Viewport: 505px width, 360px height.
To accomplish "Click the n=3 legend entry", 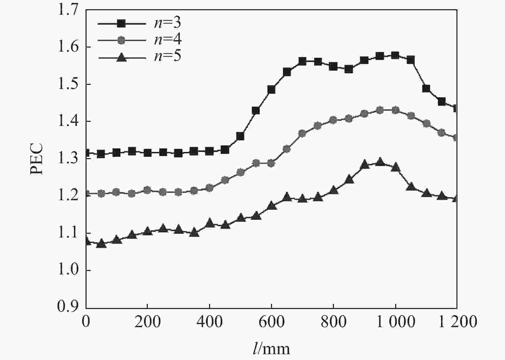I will (x=167, y=23).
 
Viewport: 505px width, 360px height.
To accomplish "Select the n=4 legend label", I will (x=167, y=40).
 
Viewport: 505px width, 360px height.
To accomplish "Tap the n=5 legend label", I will (x=167, y=56).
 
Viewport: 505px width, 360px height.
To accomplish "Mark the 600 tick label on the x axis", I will (x=271, y=322).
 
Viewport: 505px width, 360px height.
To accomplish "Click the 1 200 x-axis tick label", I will (x=457, y=322).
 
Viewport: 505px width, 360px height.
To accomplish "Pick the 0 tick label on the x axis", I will (x=86, y=322).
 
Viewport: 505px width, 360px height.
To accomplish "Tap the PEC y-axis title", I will (x=37, y=159).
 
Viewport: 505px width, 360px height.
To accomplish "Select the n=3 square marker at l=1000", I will (x=395, y=55).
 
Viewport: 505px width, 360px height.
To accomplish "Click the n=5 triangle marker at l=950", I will (x=380, y=162).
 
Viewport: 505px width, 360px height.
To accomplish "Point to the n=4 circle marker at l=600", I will (x=271, y=163).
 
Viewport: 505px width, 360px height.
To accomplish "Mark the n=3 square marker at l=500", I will (x=240, y=137).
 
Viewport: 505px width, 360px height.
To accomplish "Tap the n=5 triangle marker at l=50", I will (x=101, y=244).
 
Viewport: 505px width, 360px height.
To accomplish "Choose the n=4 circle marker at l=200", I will (x=147, y=190).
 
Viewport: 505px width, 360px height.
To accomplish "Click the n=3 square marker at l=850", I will (x=349, y=69).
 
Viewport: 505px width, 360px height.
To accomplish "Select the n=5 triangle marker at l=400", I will (x=210, y=223).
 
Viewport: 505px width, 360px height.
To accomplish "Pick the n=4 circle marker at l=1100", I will (x=426, y=124).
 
